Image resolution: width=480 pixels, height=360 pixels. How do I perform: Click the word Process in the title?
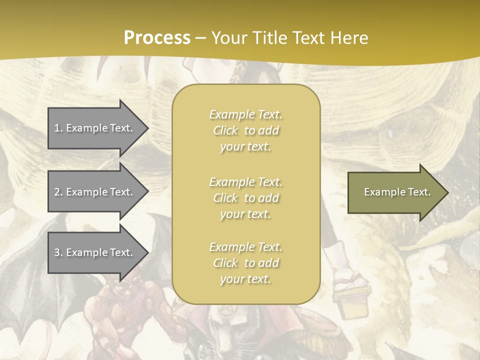tap(157, 38)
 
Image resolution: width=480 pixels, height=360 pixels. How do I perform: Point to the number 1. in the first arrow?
tap(58, 128)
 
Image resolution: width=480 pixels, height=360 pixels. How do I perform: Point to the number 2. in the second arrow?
tap(58, 192)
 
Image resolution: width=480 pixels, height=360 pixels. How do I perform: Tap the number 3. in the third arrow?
tap(58, 252)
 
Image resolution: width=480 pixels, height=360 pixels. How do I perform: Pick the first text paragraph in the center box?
tap(245, 130)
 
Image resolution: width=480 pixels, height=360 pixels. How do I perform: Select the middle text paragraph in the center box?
tap(245, 198)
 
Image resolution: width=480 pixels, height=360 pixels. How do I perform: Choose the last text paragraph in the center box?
tap(245, 263)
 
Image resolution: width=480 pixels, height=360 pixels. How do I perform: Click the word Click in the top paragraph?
tap(225, 130)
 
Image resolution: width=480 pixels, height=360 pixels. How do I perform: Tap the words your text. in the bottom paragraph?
tap(245, 279)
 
